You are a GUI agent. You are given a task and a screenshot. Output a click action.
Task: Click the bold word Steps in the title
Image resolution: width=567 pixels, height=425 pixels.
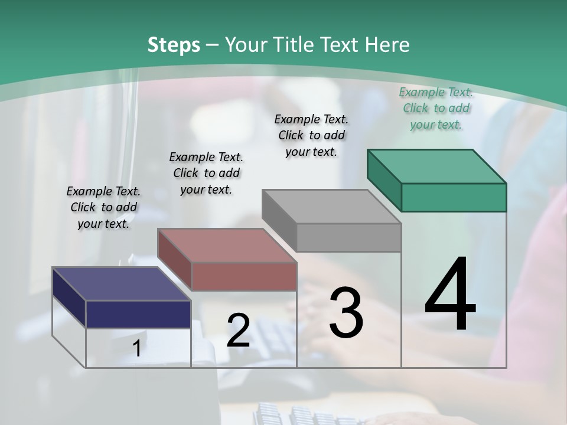(x=173, y=45)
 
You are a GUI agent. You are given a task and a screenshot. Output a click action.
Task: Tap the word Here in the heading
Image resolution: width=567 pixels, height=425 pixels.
(x=387, y=45)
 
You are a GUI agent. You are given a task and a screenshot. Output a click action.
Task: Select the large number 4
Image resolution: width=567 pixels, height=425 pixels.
(x=450, y=295)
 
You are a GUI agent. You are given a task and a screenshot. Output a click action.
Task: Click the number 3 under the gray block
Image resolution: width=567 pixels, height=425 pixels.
(x=346, y=313)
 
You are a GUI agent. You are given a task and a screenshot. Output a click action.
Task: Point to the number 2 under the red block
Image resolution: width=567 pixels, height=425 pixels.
(x=238, y=331)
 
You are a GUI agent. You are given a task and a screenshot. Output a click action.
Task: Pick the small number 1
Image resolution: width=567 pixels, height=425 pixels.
(x=137, y=349)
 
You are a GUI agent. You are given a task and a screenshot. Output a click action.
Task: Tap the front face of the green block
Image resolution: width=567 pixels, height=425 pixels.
(x=454, y=197)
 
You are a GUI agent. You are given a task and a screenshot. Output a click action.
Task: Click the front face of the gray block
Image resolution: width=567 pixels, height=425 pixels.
(x=348, y=237)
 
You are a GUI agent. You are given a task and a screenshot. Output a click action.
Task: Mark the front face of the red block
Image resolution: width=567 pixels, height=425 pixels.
(x=244, y=276)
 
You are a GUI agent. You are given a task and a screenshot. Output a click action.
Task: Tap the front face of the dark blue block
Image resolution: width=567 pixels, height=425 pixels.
(x=138, y=314)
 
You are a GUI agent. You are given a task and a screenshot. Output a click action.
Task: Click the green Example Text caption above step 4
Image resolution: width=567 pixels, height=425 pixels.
(x=436, y=108)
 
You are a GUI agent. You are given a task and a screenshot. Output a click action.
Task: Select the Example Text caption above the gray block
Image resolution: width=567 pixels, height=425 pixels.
(x=311, y=135)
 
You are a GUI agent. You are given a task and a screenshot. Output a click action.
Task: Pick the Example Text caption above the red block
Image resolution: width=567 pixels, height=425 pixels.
(x=206, y=173)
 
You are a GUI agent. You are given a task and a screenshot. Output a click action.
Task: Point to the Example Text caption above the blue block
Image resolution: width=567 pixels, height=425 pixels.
(x=103, y=207)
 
